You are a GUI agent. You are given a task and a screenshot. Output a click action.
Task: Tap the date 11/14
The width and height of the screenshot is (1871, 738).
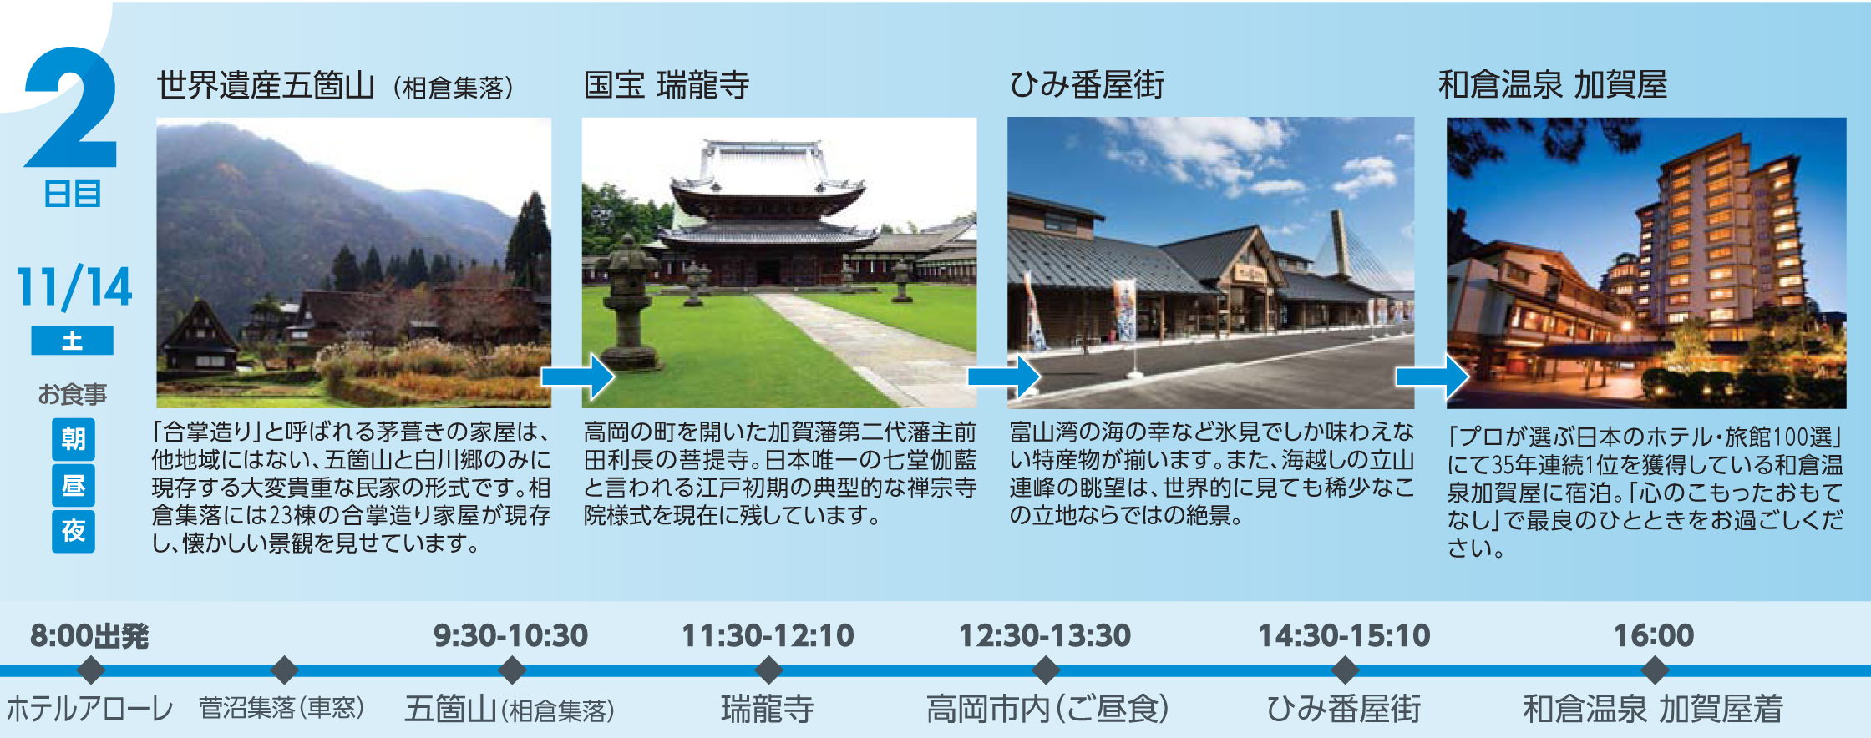(74, 286)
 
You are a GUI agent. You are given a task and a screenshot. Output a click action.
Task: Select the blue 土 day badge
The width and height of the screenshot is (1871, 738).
(72, 341)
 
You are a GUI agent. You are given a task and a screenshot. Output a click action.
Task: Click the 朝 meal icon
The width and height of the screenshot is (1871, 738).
(74, 439)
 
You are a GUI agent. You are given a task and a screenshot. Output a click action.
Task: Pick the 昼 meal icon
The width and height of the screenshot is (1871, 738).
(74, 485)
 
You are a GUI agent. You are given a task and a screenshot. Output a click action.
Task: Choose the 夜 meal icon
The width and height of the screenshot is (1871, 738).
(74, 531)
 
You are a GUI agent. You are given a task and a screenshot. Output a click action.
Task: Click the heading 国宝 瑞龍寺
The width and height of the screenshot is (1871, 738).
(667, 85)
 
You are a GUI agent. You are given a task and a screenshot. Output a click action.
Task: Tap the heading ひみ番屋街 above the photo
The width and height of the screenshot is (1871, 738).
(1087, 85)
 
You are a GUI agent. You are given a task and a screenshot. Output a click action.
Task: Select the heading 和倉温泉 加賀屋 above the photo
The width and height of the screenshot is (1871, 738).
(1553, 85)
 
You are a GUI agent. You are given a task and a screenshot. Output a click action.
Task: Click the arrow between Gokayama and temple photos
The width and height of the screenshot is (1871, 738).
(578, 377)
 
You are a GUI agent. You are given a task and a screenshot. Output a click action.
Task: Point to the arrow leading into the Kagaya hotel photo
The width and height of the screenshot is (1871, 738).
(1432, 377)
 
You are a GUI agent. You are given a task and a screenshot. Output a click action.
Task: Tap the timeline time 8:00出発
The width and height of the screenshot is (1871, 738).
(89, 636)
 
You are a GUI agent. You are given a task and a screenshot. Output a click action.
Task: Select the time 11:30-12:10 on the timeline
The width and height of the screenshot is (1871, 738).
(768, 636)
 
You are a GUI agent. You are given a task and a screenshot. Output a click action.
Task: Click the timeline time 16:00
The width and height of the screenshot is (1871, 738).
(1654, 636)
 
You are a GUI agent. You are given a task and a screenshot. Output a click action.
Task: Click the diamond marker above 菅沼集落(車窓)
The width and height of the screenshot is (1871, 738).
(285, 670)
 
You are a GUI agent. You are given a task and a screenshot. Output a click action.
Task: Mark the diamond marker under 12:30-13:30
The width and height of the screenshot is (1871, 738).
(1045, 670)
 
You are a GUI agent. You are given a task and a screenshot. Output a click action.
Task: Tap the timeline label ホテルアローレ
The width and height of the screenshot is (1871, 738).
(90, 710)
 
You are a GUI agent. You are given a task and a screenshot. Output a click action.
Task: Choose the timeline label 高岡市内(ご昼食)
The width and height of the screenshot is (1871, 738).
(1047, 710)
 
